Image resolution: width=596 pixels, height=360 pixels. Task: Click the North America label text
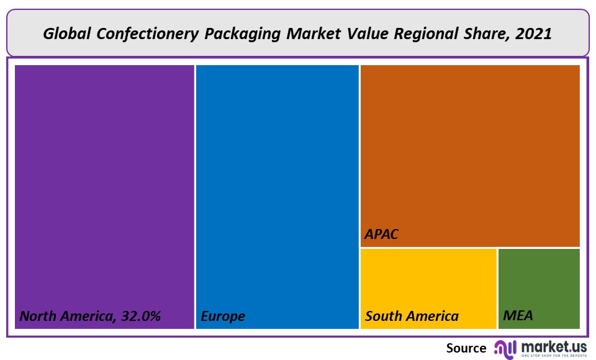(65, 316)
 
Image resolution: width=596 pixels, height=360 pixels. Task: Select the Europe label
(222, 316)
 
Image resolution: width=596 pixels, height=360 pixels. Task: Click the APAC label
(381, 235)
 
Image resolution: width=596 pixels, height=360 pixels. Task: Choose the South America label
(412, 316)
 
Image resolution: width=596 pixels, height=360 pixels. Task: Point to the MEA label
(518, 316)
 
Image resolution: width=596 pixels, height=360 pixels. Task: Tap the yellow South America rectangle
(428, 279)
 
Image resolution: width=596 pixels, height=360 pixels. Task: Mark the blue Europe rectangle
(278, 186)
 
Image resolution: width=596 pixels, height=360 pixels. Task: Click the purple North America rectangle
(104, 186)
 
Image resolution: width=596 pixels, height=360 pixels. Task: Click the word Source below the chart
(466, 348)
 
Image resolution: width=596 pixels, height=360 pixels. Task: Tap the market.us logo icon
(505, 349)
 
